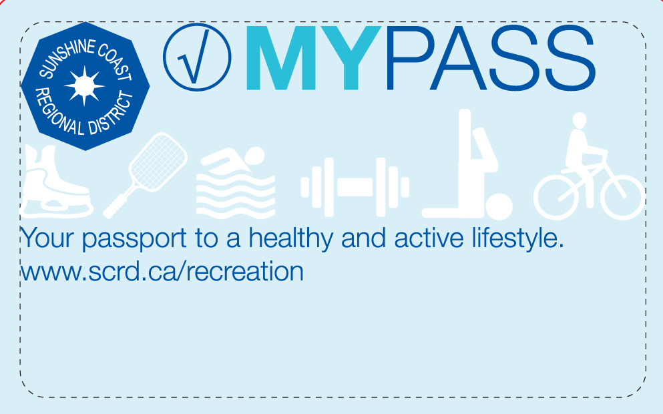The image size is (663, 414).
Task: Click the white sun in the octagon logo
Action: (x=84, y=86)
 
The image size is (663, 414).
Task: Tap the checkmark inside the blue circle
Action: (x=194, y=57)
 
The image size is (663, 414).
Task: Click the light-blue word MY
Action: (x=313, y=58)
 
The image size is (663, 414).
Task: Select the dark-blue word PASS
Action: (x=491, y=58)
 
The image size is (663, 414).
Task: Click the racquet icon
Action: (x=146, y=175)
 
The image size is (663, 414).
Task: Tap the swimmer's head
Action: (x=254, y=156)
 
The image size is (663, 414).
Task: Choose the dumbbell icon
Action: (x=355, y=188)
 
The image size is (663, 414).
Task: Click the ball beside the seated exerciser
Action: (x=499, y=207)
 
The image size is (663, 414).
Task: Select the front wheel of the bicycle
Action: (x=622, y=198)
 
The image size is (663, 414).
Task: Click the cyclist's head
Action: (x=580, y=120)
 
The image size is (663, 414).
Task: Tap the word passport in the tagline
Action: (x=134, y=239)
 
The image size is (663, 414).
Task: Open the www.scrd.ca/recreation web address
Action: (x=162, y=272)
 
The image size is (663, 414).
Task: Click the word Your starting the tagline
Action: (x=47, y=238)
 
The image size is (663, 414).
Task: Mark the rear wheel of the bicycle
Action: (x=556, y=198)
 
